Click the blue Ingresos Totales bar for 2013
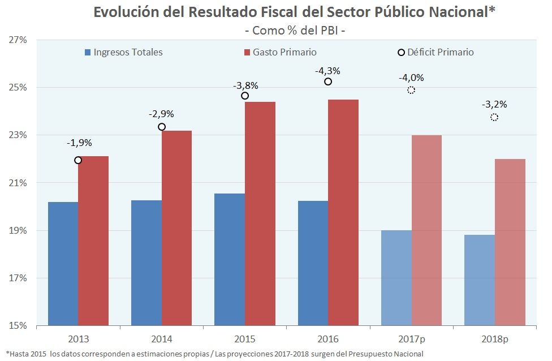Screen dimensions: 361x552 click(63, 264)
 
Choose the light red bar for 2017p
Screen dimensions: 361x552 click(426, 230)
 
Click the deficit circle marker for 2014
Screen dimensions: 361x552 click(162, 127)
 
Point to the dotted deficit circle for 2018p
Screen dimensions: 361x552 click(494, 117)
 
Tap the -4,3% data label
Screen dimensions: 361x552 click(328, 71)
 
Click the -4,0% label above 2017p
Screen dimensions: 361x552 click(411, 78)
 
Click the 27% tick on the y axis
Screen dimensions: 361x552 click(18, 40)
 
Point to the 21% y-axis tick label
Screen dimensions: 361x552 click(18, 183)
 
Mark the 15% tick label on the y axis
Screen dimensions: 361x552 click(18, 326)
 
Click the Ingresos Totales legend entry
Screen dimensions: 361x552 click(128, 52)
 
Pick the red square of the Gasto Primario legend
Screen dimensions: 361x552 click(247, 53)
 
